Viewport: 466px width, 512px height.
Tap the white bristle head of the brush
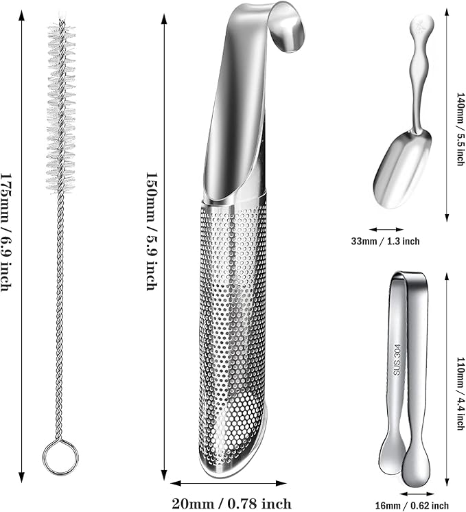[61, 107]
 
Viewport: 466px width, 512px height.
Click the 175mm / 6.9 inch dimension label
[7, 237]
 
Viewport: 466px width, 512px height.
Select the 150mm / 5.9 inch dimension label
[152, 236]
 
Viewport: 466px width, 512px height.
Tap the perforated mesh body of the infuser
[233, 327]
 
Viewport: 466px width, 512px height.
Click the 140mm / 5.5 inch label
[460, 129]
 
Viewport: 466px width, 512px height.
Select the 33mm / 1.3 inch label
[385, 242]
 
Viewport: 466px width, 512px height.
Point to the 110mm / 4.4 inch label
[460, 394]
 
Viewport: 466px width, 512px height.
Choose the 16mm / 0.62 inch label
[412, 506]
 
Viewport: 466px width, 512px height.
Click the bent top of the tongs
[409, 276]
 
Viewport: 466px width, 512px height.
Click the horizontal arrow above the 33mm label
[386, 229]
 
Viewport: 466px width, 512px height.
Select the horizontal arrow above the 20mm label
[229, 483]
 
